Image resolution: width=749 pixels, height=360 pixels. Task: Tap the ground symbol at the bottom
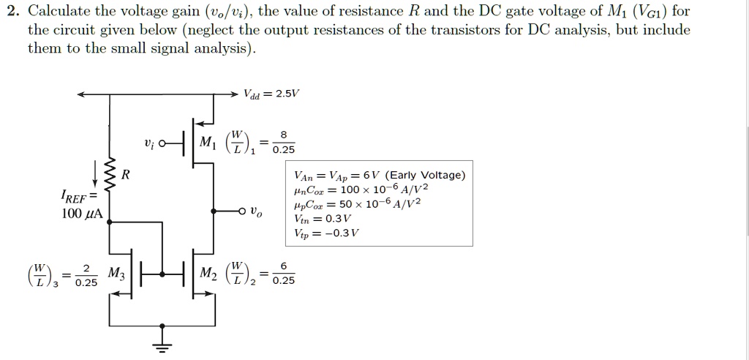(164, 346)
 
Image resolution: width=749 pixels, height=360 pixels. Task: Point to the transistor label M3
(117, 272)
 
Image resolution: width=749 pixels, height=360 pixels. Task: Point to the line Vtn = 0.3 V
(323, 219)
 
